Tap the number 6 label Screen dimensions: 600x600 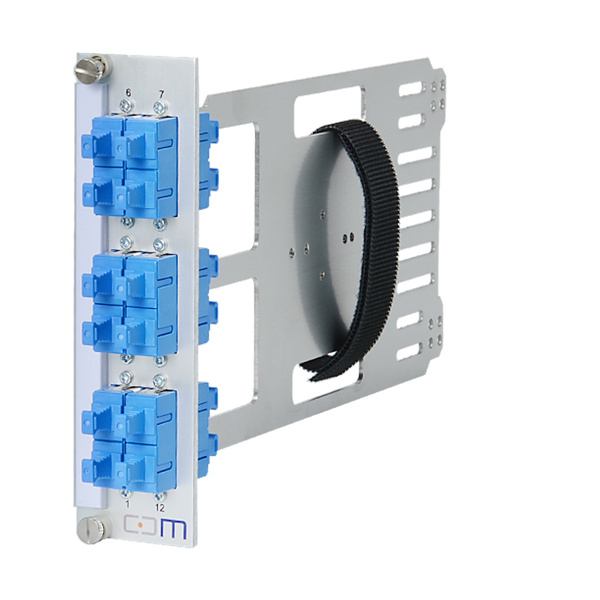coord(128,94)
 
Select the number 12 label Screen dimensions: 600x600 coord(159,507)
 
